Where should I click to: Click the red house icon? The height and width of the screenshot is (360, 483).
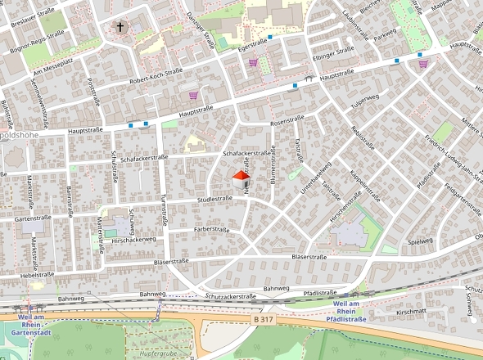(x=241, y=179)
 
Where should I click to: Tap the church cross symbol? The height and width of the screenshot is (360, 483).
(x=121, y=28)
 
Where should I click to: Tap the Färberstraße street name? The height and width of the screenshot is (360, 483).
(x=210, y=230)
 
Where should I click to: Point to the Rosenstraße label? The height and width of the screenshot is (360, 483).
(x=287, y=122)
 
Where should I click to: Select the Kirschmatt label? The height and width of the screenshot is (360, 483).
(x=411, y=313)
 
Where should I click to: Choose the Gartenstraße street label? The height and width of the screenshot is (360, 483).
(x=34, y=218)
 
